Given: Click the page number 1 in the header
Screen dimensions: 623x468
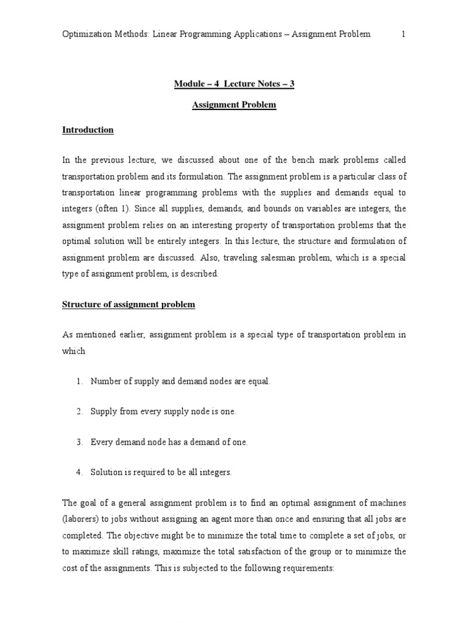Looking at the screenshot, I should point(403,34).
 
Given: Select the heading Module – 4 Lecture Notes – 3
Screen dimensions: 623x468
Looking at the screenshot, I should point(234,84).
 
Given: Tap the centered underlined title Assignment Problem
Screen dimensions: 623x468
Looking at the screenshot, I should point(234,105).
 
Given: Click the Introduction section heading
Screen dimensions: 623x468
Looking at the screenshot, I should point(88,130).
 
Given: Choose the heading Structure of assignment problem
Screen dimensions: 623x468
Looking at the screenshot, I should point(129,305).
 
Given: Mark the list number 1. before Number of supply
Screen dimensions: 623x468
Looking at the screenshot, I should point(79,381).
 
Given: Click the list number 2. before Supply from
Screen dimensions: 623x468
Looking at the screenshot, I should point(79,412).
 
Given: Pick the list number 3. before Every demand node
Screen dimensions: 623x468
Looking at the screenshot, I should point(79,442).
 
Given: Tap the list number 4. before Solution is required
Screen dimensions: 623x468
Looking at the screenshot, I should point(79,473).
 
